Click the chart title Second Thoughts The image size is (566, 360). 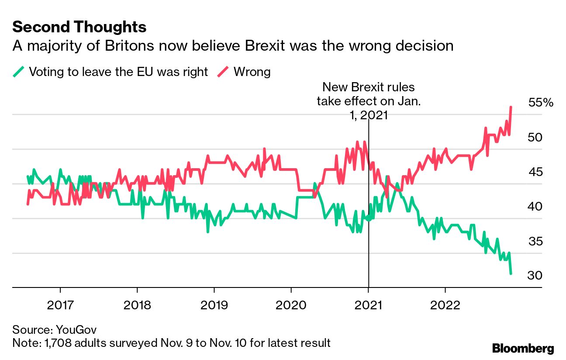point(79,27)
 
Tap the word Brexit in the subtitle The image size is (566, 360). point(265,46)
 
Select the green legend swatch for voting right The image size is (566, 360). point(18,72)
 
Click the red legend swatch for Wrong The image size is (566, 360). point(223,72)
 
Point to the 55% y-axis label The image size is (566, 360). point(541,103)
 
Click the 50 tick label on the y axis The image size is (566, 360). point(535,138)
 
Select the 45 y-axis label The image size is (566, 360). point(535,172)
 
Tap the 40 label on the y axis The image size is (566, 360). point(535,207)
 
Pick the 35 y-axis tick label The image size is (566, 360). point(535,242)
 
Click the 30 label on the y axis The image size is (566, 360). point(535,275)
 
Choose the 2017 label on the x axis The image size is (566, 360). point(60,305)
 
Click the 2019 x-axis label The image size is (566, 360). point(214,305)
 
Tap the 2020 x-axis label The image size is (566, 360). point(291,305)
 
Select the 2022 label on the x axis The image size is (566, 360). point(445,305)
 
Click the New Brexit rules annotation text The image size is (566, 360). point(369,101)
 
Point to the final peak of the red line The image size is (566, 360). point(511,107)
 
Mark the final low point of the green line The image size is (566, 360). point(511,273)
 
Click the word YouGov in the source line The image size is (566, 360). point(76,330)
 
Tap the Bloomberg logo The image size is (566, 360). point(523,349)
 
